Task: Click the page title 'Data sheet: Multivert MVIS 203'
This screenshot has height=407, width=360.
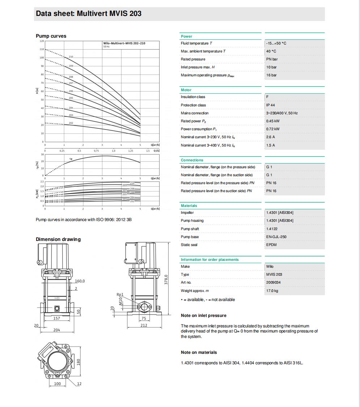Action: (x=89, y=14)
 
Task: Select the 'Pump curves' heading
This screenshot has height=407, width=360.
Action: (x=51, y=36)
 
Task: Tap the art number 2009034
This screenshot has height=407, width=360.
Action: (x=273, y=283)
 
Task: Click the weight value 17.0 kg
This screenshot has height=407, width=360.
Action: (x=272, y=291)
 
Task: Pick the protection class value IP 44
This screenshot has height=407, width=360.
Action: (x=271, y=105)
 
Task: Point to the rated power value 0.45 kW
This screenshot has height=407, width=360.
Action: (x=272, y=121)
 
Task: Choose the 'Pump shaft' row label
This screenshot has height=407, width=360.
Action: (x=190, y=229)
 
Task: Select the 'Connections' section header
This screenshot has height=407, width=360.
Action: (x=192, y=160)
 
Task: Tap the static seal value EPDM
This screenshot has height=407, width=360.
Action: (x=272, y=245)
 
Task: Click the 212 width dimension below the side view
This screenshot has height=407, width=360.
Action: (x=144, y=325)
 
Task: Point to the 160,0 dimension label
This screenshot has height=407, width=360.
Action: (x=80, y=281)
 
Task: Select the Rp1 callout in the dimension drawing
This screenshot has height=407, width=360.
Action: (x=120, y=295)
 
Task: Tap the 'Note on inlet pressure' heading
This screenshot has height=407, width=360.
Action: (x=204, y=315)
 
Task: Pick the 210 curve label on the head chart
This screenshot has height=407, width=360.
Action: (x=71, y=57)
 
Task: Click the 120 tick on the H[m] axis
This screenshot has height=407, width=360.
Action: (x=42, y=41)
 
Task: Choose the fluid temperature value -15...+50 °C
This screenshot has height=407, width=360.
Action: (x=276, y=43)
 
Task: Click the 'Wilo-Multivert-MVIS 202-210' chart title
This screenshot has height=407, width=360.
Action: (x=124, y=43)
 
